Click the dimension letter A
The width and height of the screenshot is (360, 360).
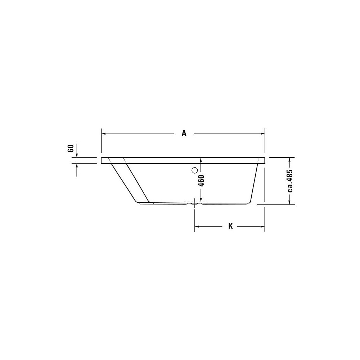184,134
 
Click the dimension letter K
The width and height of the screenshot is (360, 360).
230,226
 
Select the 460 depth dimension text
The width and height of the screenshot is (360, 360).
201,181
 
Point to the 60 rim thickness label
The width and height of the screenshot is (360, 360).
71,148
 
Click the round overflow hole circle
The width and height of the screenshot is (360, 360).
194,170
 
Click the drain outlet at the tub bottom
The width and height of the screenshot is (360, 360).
195,203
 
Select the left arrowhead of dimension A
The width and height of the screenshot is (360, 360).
104,134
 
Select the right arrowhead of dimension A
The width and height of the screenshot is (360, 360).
263,134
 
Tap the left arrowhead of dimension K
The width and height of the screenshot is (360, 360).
197,226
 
